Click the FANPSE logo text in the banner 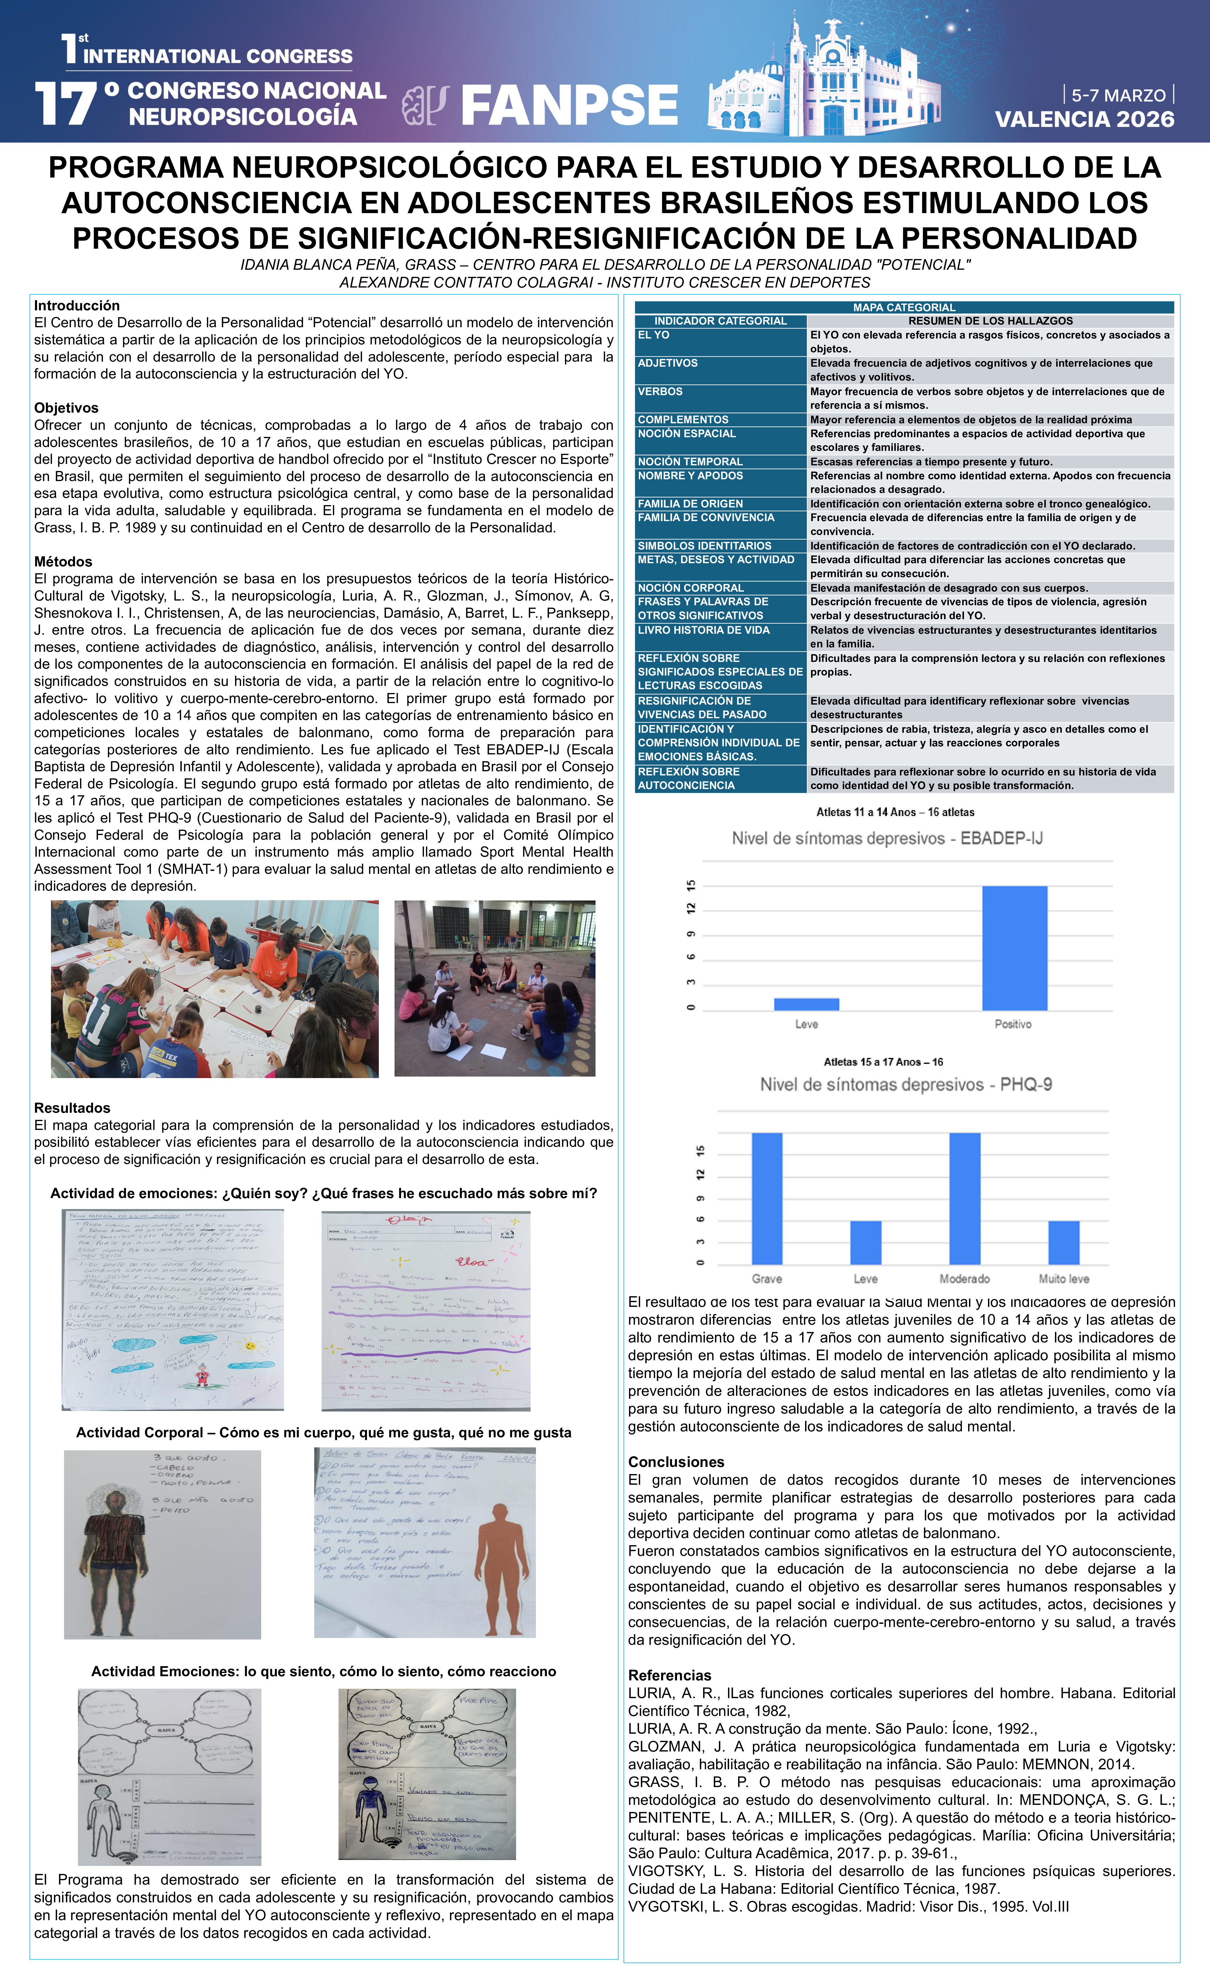point(569,106)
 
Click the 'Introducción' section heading point(76,306)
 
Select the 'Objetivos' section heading point(66,408)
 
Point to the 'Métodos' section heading point(63,562)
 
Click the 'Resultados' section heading point(72,1108)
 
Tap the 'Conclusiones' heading point(676,1462)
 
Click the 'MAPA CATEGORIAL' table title point(904,307)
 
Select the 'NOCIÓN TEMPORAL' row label point(690,462)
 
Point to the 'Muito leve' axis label point(1064,1279)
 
